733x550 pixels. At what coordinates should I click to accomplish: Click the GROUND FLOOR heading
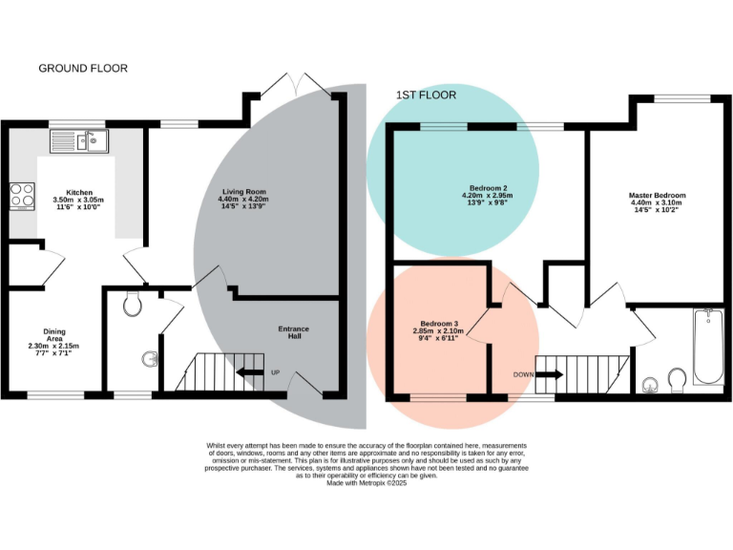tap(82, 69)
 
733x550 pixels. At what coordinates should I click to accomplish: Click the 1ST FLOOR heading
tap(426, 95)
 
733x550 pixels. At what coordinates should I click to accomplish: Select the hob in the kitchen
tap(21, 196)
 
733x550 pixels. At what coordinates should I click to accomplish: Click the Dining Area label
tap(54, 332)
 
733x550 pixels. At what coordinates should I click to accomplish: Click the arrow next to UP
tap(250, 372)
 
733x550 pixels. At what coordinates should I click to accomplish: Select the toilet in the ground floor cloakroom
tap(134, 305)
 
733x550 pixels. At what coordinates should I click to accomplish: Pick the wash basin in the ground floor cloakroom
tap(149, 360)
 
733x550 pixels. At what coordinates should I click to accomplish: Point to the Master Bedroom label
tap(657, 196)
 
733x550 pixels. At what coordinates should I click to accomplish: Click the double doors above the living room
tap(295, 84)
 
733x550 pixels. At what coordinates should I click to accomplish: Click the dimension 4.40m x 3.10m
tap(657, 202)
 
